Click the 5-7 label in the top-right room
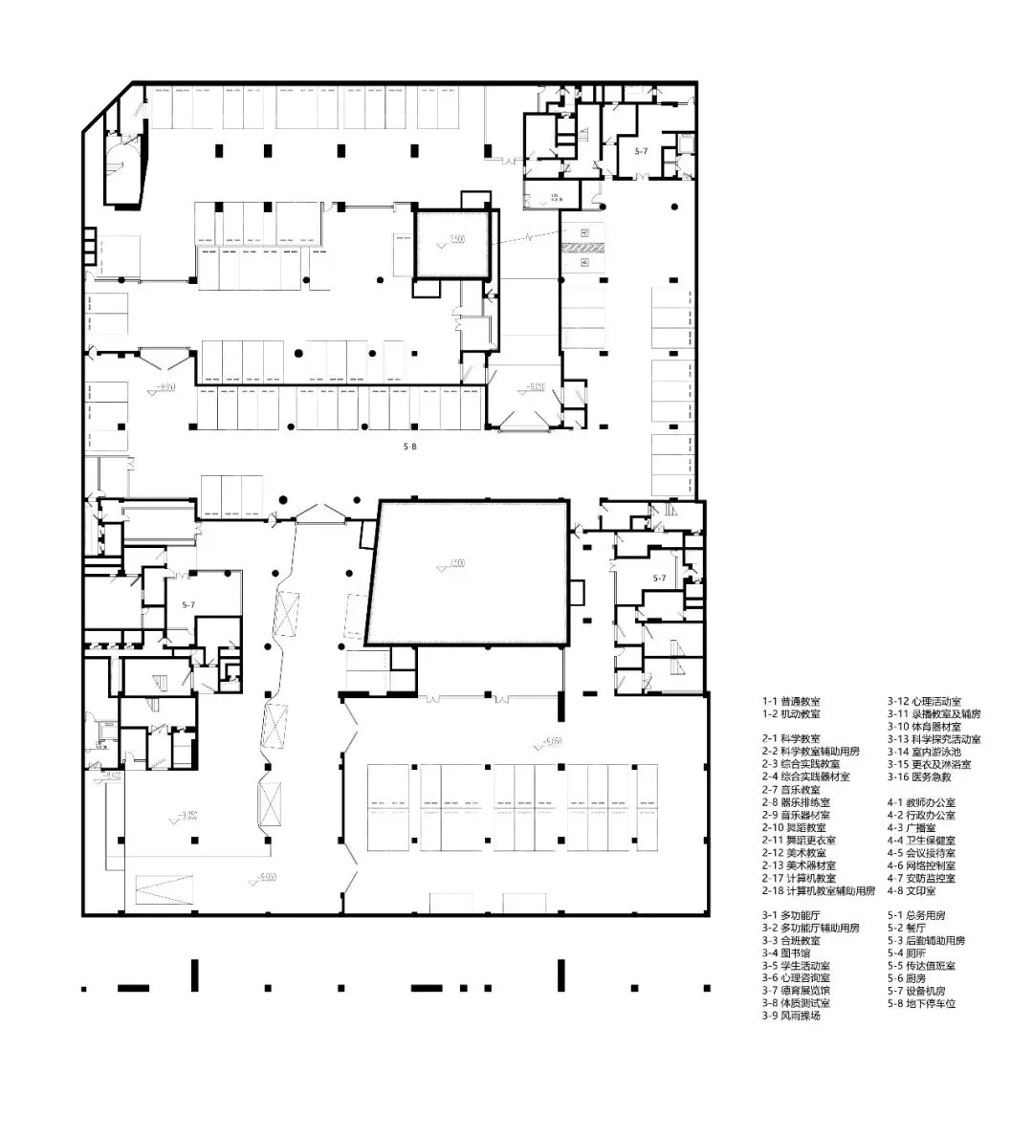pos(643,151)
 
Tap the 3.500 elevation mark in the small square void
pos(455,240)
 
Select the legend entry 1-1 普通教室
pos(791,701)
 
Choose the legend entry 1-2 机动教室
pos(791,713)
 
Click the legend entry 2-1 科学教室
pos(791,739)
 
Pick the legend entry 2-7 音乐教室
pos(791,790)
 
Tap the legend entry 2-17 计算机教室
pos(799,878)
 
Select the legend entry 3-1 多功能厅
pos(791,915)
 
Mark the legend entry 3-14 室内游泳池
pos(927,752)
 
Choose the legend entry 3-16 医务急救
pos(921,776)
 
